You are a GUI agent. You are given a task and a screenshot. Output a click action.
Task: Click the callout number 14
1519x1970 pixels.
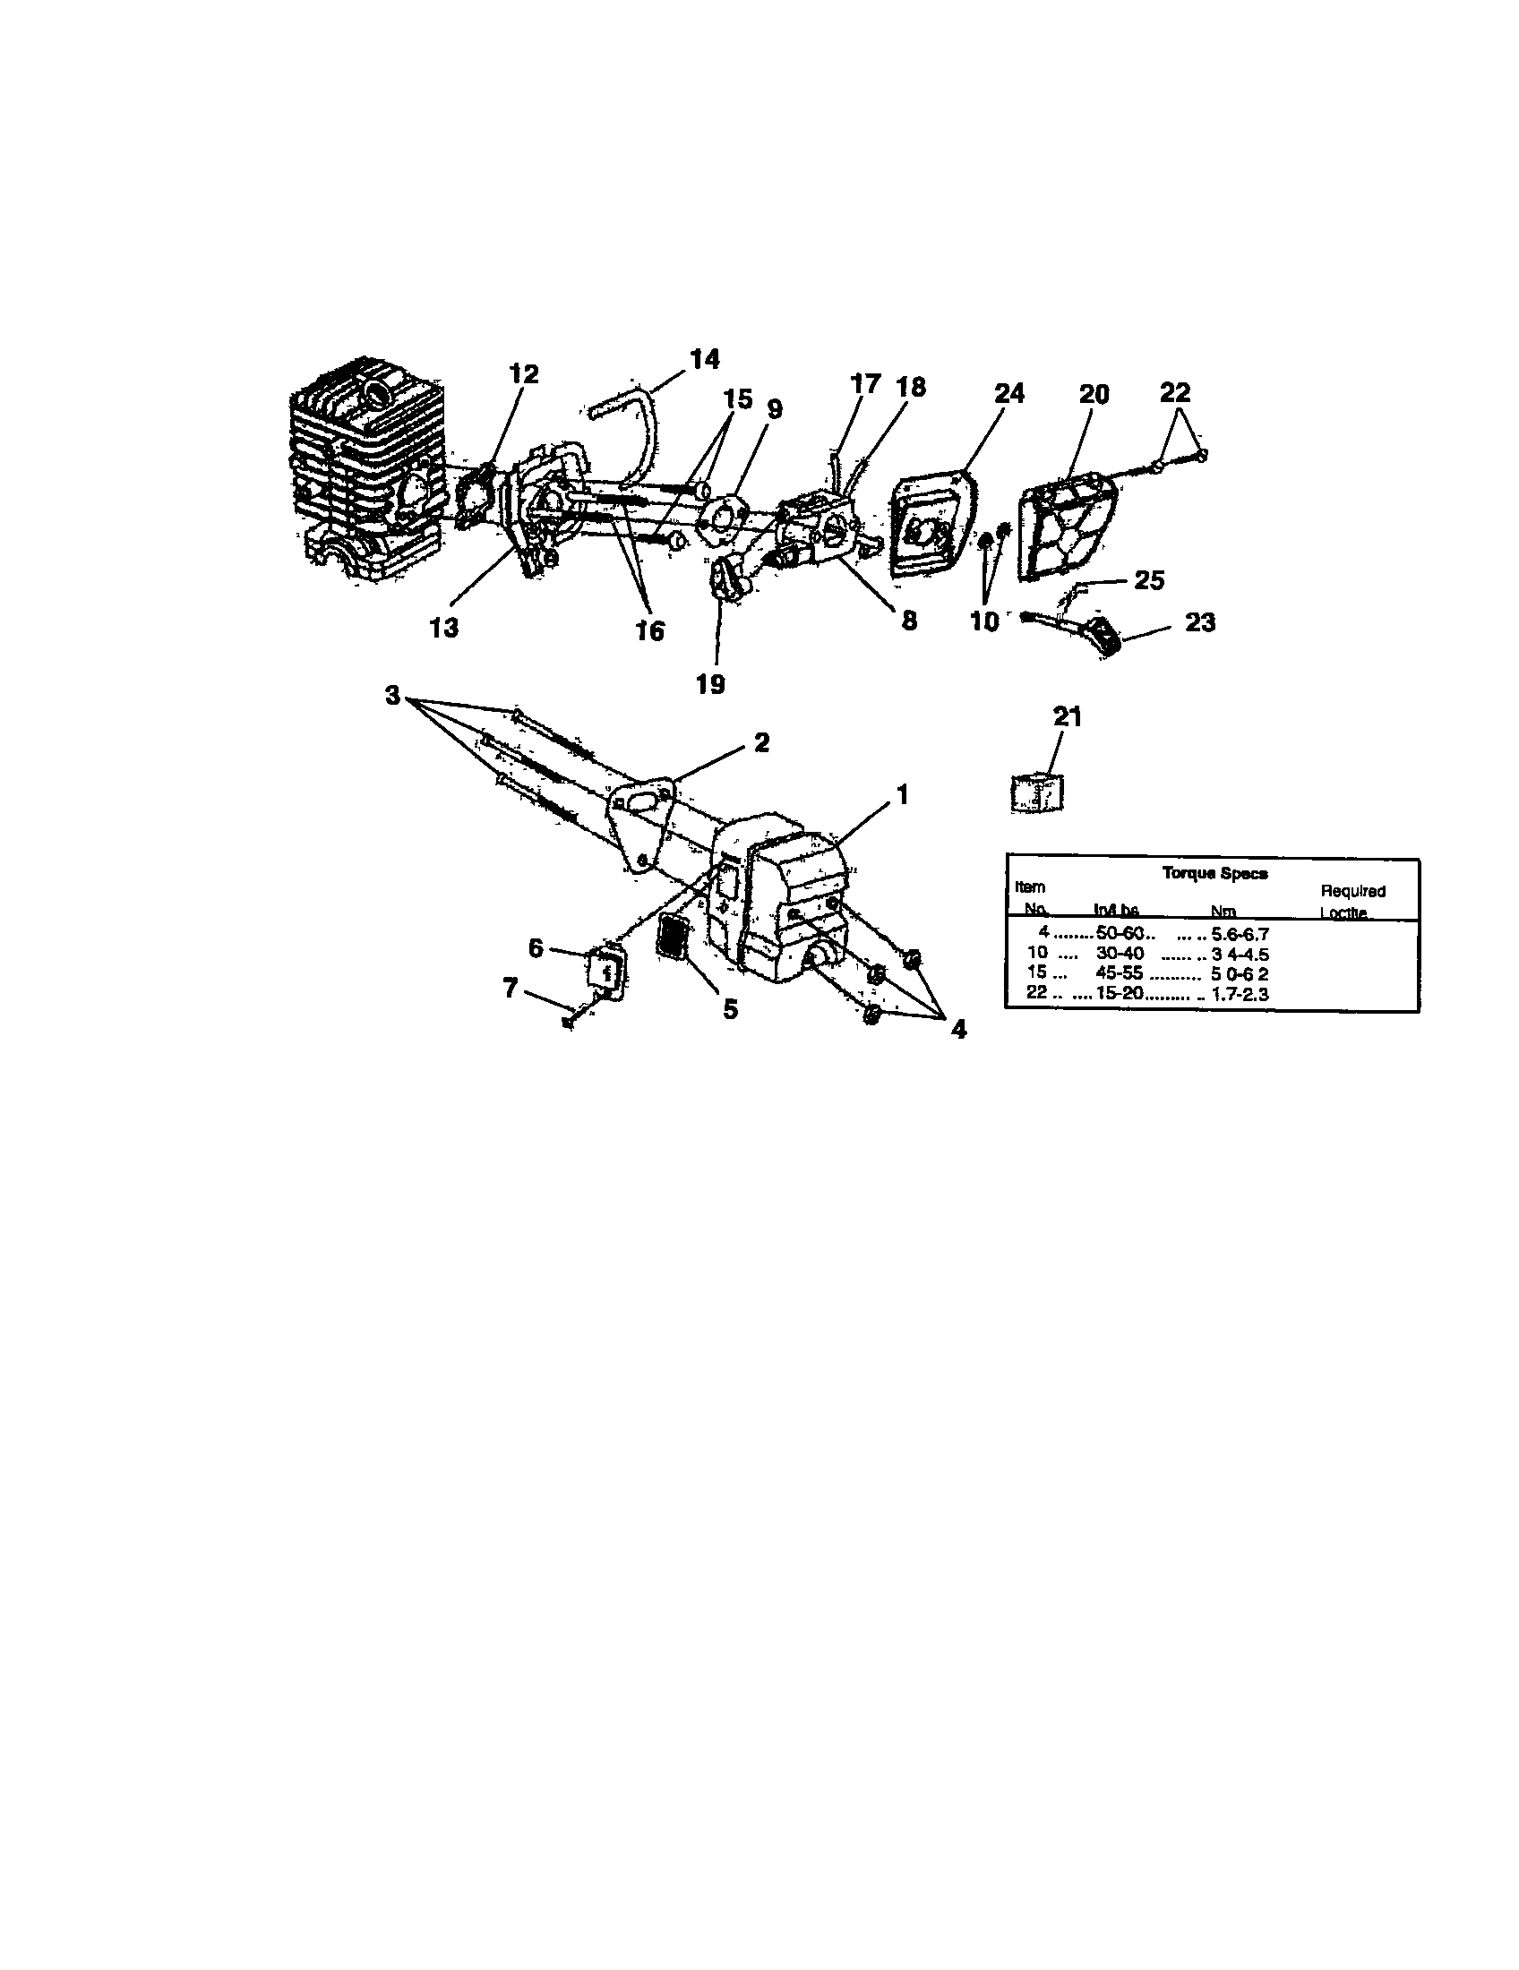click(705, 359)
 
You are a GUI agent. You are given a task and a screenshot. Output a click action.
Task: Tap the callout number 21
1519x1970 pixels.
click(1067, 716)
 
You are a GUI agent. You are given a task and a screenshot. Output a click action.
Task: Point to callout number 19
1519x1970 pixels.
click(711, 684)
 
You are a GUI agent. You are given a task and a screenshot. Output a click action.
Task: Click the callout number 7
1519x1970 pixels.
click(511, 989)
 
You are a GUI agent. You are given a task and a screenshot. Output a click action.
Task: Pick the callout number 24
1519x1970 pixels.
click(1009, 393)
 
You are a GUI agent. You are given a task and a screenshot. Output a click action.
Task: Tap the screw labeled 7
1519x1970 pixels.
click(569, 1023)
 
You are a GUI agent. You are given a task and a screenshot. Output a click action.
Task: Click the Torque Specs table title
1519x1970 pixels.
click(1214, 873)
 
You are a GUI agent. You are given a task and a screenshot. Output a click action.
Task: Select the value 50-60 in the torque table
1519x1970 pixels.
click(1120, 934)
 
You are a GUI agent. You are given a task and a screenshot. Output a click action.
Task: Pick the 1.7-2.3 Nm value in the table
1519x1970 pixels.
click(1240, 995)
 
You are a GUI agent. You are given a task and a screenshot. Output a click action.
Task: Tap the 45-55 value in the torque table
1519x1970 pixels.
click(1120, 974)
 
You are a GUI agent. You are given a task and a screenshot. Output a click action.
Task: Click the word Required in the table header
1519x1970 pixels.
click(1352, 891)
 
